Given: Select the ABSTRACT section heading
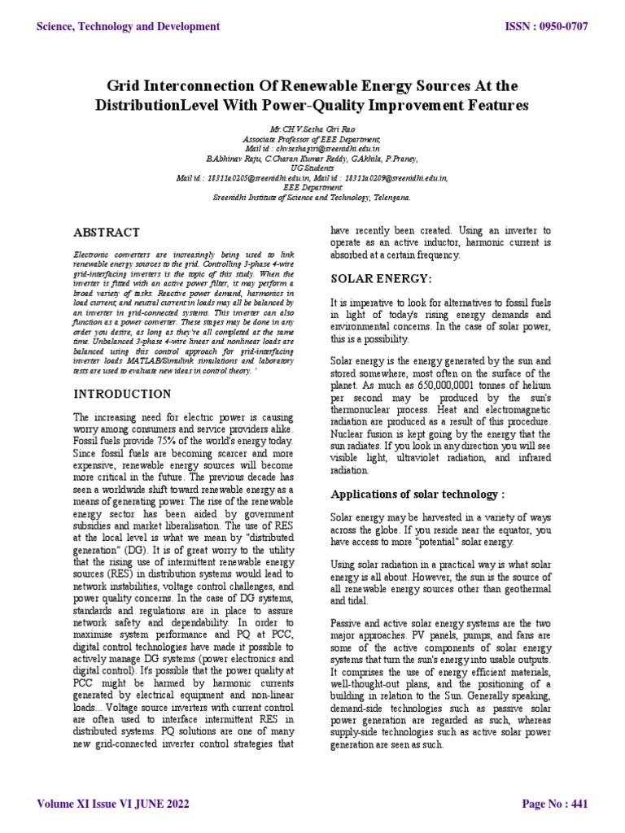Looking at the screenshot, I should click(107, 233).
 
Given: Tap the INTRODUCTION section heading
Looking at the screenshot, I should click(122, 394).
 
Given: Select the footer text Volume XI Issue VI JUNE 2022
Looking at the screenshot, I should click(114, 805).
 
